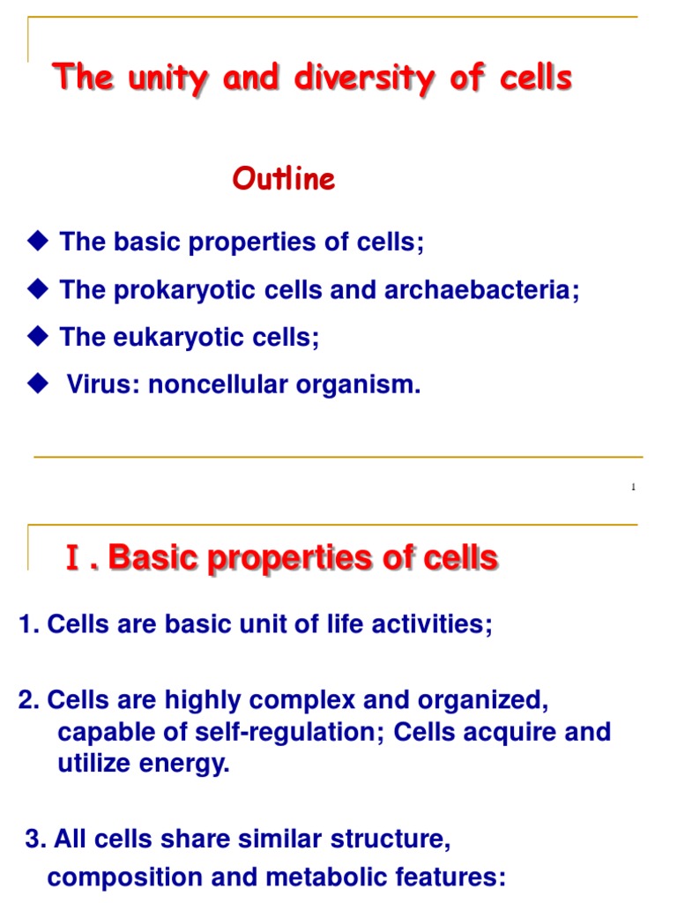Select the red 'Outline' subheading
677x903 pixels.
(284, 180)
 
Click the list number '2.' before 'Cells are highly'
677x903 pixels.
(29, 701)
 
